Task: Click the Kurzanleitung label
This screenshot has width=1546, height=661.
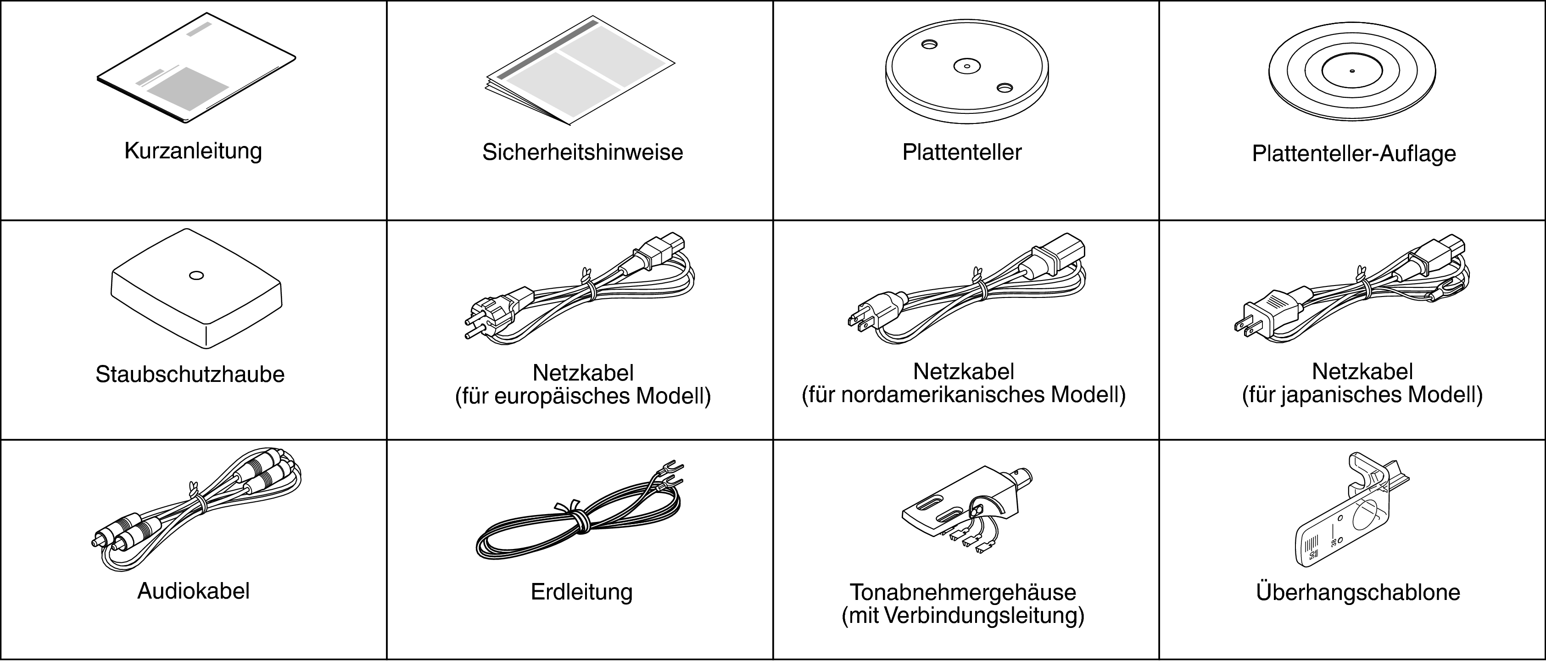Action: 193,151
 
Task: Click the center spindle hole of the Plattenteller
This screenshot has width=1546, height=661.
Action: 967,66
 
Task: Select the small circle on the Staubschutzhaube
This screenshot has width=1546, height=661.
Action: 196,275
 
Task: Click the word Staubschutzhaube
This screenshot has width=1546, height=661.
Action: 190,375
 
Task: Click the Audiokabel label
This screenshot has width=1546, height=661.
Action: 193,591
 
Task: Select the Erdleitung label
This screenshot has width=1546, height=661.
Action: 581,593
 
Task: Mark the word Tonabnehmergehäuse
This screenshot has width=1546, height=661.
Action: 963,593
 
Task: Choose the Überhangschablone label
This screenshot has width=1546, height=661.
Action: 1357,592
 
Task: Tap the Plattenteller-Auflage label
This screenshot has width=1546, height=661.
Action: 1354,154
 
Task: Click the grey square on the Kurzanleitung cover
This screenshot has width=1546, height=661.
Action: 189,88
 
